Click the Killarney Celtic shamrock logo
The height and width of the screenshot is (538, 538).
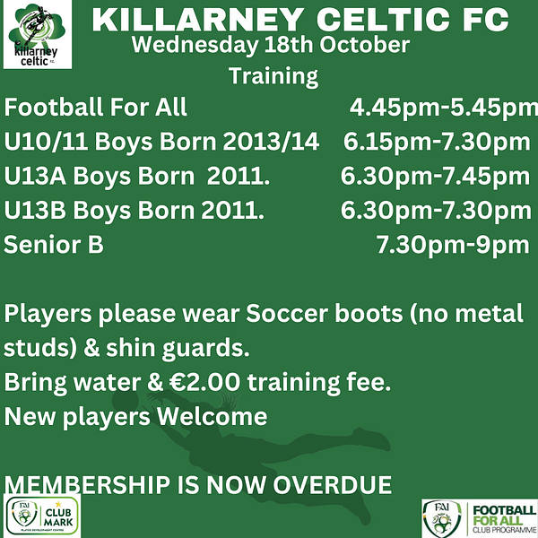[x=38, y=34]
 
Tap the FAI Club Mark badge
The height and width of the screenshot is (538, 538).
[x=42, y=516]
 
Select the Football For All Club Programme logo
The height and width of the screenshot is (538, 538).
[x=480, y=518]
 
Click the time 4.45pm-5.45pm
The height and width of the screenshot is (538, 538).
[x=444, y=108]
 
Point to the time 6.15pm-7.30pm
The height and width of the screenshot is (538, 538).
[x=437, y=142]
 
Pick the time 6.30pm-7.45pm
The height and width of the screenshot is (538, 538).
[x=435, y=177]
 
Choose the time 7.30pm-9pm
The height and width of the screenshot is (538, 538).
[x=453, y=245]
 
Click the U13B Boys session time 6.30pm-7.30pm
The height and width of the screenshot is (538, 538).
[x=436, y=211]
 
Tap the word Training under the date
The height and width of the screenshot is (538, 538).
[x=273, y=76]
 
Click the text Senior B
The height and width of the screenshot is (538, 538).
[x=54, y=244]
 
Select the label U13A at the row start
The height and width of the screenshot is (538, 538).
[x=35, y=176]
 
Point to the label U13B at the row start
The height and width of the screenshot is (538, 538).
[x=35, y=211]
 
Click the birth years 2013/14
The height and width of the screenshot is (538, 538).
[x=271, y=142]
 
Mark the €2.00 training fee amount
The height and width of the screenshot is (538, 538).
[x=204, y=382]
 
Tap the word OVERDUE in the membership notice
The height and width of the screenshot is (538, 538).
[x=332, y=485]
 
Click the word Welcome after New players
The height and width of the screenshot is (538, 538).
[x=212, y=417]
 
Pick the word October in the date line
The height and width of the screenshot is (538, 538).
[x=364, y=45]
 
